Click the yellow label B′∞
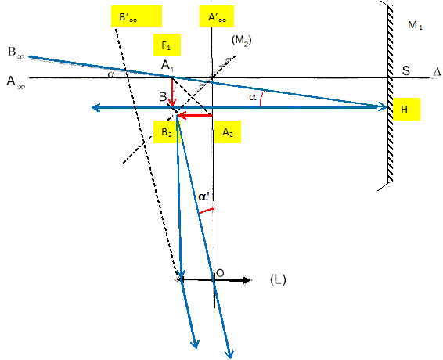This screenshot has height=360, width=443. pyautogui.click(x=136, y=16)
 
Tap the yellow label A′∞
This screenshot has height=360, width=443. pyautogui.click(x=217, y=16)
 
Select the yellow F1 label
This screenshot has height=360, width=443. pyautogui.click(x=167, y=45)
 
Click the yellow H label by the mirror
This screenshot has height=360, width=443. pyautogui.click(x=406, y=109)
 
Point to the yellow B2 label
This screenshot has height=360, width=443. pyautogui.click(x=167, y=132)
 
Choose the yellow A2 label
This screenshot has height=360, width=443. pyautogui.click(x=228, y=132)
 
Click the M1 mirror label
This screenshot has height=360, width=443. pyautogui.click(x=415, y=25)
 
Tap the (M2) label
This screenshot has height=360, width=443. pyautogui.click(x=242, y=41)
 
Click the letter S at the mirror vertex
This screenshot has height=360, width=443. pyautogui.click(x=406, y=70)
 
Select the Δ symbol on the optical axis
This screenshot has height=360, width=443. pyautogui.click(x=437, y=72)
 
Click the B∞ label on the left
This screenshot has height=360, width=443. pyautogui.click(x=16, y=52)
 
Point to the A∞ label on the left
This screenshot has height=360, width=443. pyautogui.click(x=16, y=82)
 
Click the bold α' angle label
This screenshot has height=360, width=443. pyautogui.click(x=203, y=196)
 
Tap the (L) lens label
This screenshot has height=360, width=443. pyautogui.click(x=278, y=279)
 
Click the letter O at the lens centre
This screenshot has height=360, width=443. pyautogui.click(x=220, y=272)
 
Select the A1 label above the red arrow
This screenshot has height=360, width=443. pyautogui.click(x=167, y=66)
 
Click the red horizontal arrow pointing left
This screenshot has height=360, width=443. pyautogui.click(x=194, y=115)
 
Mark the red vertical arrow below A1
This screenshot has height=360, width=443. pyautogui.click(x=172, y=92)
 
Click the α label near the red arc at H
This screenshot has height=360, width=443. pyautogui.click(x=253, y=97)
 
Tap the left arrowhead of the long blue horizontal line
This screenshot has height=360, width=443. pyautogui.click(x=95, y=108)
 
